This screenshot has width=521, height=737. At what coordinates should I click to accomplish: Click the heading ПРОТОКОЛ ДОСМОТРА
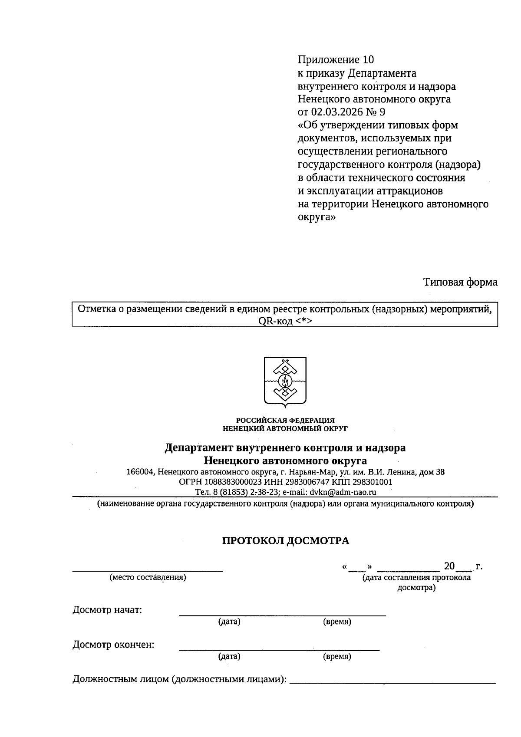[x=285, y=541]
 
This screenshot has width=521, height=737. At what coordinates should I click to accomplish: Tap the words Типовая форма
[x=460, y=282]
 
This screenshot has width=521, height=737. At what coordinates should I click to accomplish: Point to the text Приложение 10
[x=335, y=59]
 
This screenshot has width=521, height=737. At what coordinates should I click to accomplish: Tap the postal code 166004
[x=139, y=472]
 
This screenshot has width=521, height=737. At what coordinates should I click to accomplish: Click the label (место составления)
[x=148, y=578]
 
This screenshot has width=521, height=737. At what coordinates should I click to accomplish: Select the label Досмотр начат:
[x=107, y=610]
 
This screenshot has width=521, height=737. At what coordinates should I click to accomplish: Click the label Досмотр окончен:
[x=113, y=645]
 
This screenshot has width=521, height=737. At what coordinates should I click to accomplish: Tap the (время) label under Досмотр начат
[x=337, y=622]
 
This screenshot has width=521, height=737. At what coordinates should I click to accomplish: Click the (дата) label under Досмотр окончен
[x=229, y=657]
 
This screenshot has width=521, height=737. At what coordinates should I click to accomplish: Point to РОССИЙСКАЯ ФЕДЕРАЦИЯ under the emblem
[x=285, y=420]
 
